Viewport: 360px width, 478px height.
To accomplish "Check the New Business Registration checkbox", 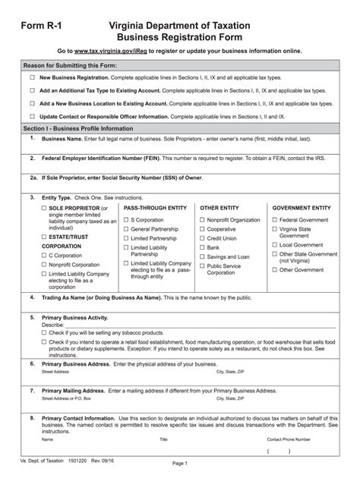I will pos(32,77).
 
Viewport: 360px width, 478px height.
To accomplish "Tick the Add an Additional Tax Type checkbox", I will pos(32,90).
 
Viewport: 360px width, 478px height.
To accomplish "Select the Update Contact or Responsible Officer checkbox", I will pos(32,116).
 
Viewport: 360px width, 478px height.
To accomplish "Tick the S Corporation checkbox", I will pos(126,219).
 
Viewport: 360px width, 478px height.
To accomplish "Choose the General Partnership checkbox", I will pos(126,228).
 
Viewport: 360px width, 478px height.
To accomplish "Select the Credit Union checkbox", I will pos(202,237).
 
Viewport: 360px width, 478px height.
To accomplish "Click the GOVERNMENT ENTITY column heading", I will pos(302,207).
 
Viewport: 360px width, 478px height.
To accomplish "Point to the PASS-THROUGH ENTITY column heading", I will pos(155,207).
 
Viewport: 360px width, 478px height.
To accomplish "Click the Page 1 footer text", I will pos(180,464).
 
